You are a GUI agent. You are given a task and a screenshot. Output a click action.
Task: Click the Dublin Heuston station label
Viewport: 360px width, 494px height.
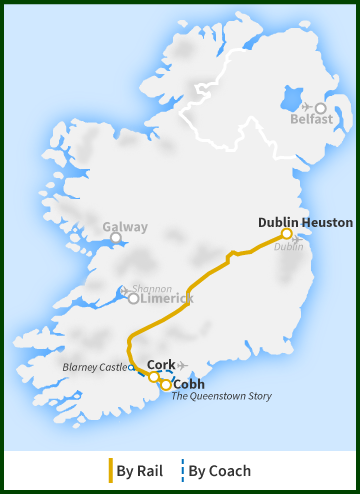(305, 222)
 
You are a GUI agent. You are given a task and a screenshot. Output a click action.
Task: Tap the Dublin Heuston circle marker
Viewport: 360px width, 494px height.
(287, 234)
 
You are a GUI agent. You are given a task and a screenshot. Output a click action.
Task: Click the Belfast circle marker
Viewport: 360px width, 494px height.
(321, 107)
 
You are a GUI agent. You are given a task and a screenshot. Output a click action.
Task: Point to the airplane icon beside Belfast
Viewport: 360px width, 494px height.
(306, 107)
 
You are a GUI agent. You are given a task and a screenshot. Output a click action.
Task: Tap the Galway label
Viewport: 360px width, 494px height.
(125, 226)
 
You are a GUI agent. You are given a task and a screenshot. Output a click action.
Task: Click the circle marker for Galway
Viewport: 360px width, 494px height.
(116, 238)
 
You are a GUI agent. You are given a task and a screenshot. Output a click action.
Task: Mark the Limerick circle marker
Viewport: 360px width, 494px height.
(134, 298)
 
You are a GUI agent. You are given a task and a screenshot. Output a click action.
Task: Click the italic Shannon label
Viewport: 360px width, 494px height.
(152, 288)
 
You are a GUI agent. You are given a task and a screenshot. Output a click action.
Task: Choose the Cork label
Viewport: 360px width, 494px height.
(161, 364)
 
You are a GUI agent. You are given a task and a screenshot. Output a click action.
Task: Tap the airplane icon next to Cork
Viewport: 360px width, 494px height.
(182, 364)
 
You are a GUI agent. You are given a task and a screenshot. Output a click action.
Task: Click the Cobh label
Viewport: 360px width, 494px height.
(189, 383)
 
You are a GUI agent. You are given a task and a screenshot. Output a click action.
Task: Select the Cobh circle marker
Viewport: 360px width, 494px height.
(166, 384)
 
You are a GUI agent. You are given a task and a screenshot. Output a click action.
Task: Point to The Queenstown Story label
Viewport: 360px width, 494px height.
(221, 396)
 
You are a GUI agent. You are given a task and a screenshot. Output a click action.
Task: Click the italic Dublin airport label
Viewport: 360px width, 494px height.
(288, 247)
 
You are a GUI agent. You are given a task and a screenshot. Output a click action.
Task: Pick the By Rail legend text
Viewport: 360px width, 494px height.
(140, 470)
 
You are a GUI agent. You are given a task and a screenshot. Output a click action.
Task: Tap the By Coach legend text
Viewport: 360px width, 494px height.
(220, 470)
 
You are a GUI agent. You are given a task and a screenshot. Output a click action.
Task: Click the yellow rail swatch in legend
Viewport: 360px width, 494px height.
(110, 470)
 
